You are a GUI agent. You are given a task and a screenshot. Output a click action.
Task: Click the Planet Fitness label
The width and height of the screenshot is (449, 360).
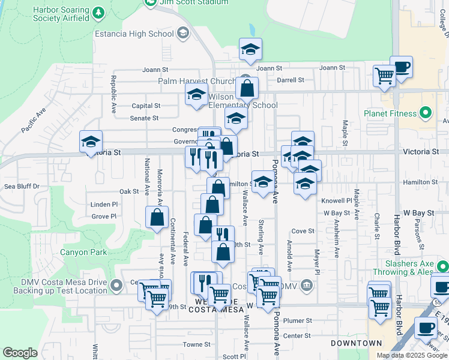(390, 113)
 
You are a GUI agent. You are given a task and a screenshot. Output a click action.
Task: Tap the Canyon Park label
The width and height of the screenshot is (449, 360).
(83, 252)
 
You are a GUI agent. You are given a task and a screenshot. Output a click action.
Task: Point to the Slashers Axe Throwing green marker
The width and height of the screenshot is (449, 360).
(442, 266)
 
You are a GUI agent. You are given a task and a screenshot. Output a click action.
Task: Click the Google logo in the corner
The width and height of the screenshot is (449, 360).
(20, 353)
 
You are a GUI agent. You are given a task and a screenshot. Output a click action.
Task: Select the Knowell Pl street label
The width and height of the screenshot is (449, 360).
(336, 201)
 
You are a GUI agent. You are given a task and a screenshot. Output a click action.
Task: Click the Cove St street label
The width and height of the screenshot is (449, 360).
(303, 231)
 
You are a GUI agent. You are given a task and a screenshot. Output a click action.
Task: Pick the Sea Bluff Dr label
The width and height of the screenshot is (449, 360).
(22, 187)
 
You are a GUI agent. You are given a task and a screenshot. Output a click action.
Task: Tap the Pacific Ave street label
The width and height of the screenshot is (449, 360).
(34, 121)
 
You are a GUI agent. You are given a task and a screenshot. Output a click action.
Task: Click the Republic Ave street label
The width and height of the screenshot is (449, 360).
(113, 95)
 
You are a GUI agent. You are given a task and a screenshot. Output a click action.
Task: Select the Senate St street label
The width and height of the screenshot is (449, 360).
(144, 118)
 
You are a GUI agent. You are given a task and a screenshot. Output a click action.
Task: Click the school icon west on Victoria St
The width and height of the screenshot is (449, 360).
(91, 142)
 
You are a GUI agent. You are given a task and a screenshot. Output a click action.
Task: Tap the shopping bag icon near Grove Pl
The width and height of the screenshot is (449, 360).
(157, 217)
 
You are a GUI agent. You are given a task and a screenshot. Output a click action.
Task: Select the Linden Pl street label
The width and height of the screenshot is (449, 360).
(104, 205)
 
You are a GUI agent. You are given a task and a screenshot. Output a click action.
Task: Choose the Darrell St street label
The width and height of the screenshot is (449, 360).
(290, 79)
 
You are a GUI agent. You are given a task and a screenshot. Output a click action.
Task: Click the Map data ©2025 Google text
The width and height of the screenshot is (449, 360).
(412, 355)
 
